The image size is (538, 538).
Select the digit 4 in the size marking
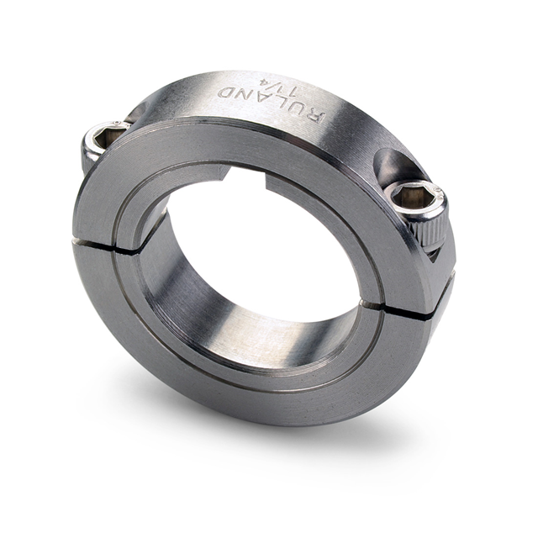pyautogui.click(x=266, y=82)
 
